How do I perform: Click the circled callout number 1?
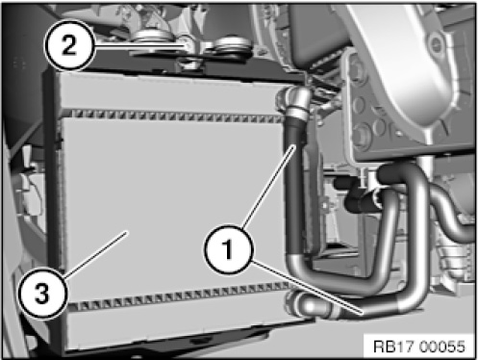tap(228, 249)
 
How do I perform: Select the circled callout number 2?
tap(69, 44)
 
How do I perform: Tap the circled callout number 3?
tap(42, 294)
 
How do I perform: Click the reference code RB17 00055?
tap(419, 347)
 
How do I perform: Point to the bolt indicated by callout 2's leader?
tap(188, 45)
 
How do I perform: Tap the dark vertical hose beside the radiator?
tap(295, 185)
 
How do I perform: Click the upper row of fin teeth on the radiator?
tap(176, 116)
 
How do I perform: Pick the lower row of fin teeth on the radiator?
tap(180, 296)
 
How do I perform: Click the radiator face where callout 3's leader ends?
tap(128, 232)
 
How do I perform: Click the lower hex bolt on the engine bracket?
tap(362, 134)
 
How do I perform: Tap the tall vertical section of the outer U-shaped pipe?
tap(417, 231)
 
